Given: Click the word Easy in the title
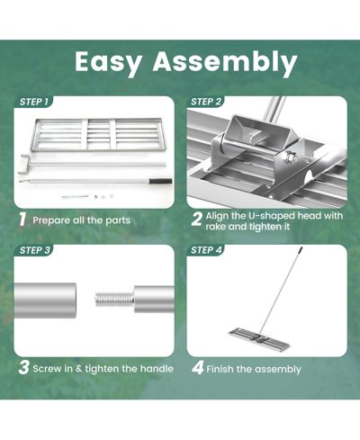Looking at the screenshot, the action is pyautogui.click(x=108, y=63).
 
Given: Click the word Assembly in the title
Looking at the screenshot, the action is pyautogui.click(x=225, y=62).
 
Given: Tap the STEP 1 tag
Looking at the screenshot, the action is pyautogui.click(x=33, y=102).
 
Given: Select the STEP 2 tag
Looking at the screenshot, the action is pyautogui.click(x=206, y=102).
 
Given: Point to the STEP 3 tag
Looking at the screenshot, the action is pyautogui.click(x=34, y=250).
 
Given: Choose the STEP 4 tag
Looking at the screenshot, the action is pyautogui.click(x=206, y=250).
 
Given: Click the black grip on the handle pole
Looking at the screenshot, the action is pyautogui.click(x=161, y=181).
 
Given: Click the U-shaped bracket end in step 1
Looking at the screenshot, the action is pyautogui.click(x=23, y=164).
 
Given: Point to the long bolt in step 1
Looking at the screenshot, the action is pyautogui.click(x=75, y=197).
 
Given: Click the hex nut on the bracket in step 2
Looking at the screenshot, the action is pyautogui.click(x=291, y=157).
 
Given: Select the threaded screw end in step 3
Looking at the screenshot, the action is pyautogui.click(x=114, y=300).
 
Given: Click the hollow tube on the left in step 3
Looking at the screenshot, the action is pyautogui.click(x=45, y=301).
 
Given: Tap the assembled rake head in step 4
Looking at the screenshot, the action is pyautogui.click(x=259, y=339).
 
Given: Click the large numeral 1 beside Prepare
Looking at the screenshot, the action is pyautogui.click(x=22, y=220).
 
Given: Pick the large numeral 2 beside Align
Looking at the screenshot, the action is pyautogui.click(x=196, y=220).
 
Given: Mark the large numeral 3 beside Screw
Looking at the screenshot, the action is pyautogui.click(x=23, y=368).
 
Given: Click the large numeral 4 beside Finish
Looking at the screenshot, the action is pyautogui.click(x=198, y=368).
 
